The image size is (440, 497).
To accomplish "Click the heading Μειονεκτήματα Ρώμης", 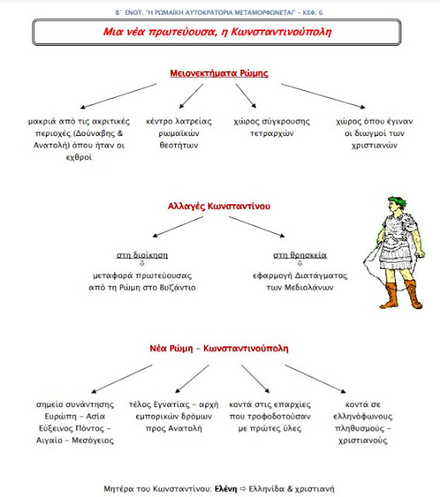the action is [x=219, y=73].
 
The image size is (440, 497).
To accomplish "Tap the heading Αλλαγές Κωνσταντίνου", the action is [x=219, y=206].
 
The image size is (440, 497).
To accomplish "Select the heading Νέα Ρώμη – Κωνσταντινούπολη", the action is [x=219, y=349].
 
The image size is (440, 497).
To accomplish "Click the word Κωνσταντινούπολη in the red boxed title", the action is [x=281, y=31].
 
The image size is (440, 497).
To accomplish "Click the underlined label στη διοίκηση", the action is [x=142, y=255].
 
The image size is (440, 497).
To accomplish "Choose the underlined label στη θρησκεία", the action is [x=300, y=255].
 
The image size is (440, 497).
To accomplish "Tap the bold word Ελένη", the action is [x=225, y=488].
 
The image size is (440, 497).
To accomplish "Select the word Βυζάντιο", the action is [x=178, y=287].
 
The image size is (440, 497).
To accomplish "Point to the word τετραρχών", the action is [x=272, y=134].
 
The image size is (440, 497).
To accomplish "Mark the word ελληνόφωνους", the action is [x=363, y=416].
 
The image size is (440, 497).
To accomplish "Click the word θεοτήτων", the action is [x=179, y=145].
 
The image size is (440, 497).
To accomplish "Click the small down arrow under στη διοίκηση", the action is [x=141, y=263].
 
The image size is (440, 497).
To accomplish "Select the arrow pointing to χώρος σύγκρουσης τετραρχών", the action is [x=246, y=96].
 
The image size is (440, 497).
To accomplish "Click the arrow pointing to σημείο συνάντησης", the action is [x=122, y=379].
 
